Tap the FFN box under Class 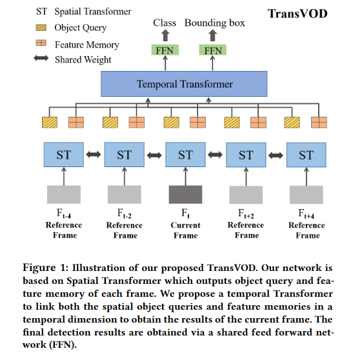click(165, 50)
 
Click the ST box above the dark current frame click(185, 155)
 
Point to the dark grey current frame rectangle click(185, 195)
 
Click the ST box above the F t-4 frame click(64, 155)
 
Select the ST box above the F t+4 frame click(306, 155)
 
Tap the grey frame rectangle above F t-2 click(125, 195)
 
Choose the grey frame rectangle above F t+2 click(246, 195)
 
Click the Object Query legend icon click(41, 28)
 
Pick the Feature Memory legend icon click(41, 44)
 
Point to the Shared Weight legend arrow click(41, 59)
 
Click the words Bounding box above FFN click(214, 23)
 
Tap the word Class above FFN click(165, 23)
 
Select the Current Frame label click(185, 230)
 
